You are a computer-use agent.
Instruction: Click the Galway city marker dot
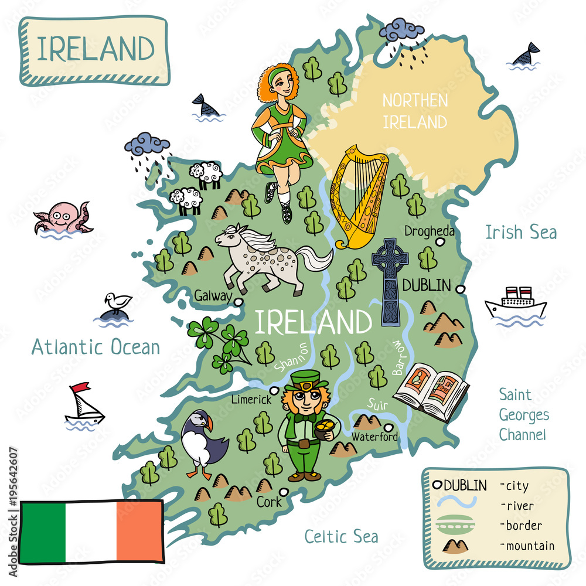pyautogui.click(x=238, y=302)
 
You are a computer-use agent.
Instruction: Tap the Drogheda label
pyautogui.click(x=429, y=231)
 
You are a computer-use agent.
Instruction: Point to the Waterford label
pyautogui.click(x=375, y=437)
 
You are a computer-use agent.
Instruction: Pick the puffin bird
pyautogui.click(x=202, y=442)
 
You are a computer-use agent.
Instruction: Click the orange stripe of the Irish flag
pyautogui.click(x=139, y=531)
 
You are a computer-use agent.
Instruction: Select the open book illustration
pyautogui.click(x=431, y=390)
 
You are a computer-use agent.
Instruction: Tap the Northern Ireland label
pyautogui.click(x=415, y=111)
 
